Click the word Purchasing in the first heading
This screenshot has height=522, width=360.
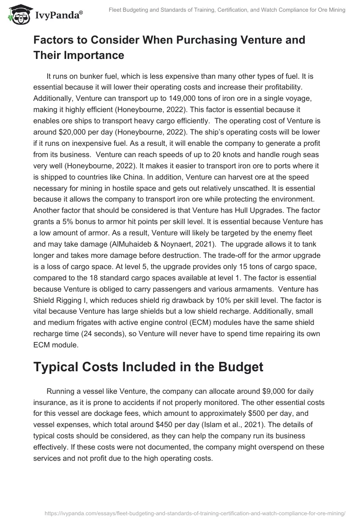[193, 40]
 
